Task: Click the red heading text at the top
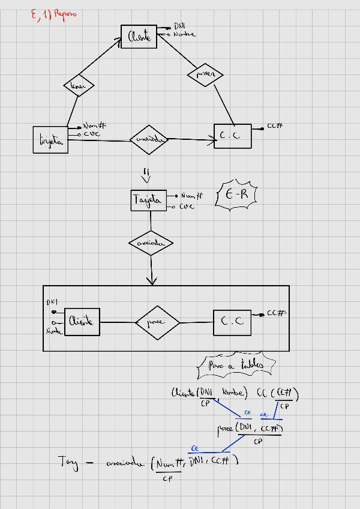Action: point(53,14)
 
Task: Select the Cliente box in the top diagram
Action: point(139,37)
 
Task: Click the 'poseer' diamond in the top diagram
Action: point(205,74)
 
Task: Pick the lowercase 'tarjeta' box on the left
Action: point(50,140)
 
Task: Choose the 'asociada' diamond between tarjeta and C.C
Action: point(149,140)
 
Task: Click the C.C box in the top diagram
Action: point(232,136)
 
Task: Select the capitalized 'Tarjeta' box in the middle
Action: point(148,200)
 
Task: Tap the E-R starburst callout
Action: point(237,194)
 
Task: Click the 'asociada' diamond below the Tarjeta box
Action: point(151,244)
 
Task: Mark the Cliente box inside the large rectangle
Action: point(82,322)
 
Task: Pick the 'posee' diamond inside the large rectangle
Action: point(156,323)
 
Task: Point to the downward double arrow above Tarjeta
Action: point(146,175)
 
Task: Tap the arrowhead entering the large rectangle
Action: point(151,281)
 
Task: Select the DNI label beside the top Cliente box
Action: point(179,26)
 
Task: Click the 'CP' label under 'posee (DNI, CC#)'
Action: point(258,441)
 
